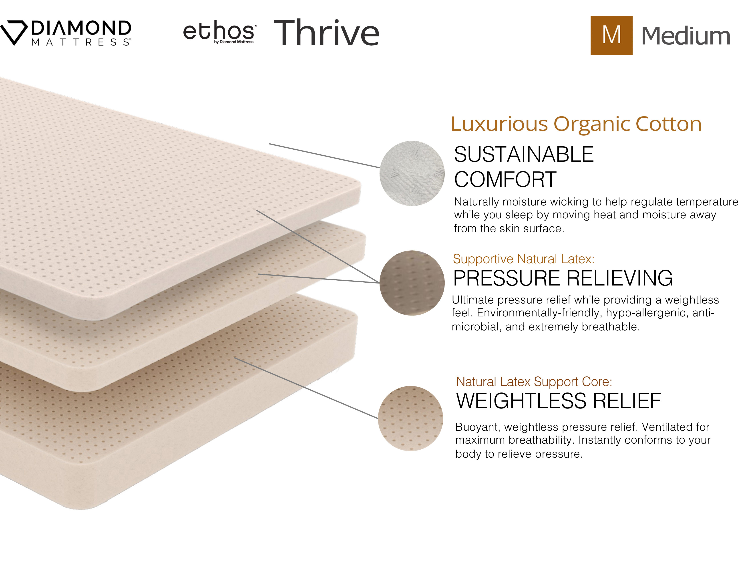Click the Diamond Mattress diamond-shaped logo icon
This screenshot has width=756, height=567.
(x=14, y=32)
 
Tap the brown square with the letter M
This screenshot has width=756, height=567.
(x=611, y=35)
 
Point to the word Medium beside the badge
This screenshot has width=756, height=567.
(x=686, y=36)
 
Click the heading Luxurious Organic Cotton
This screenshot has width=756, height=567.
(x=576, y=123)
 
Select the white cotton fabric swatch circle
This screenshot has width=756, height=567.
(x=412, y=173)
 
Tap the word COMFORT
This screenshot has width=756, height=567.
(x=505, y=179)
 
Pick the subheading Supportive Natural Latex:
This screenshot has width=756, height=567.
(x=524, y=259)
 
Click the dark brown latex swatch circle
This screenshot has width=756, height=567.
(x=412, y=283)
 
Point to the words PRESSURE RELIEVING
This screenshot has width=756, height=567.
(x=563, y=278)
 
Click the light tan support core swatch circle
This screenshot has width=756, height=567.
(x=410, y=418)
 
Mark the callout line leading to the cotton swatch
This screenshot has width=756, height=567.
(x=324, y=155)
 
